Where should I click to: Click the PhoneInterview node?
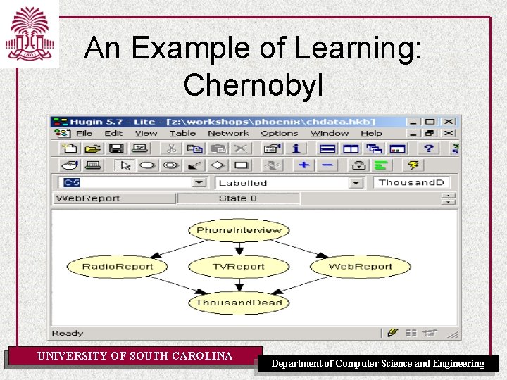(239, 230)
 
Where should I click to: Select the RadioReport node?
(117, 267)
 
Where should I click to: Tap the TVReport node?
(239, 267)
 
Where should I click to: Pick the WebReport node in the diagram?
(360, 267)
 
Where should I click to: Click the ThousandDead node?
(239, 303)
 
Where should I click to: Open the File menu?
(84, 134)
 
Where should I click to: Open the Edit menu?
(113, 134)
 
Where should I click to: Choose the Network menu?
(228, 134)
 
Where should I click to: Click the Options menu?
(280, 134)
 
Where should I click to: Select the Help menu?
(371, 134)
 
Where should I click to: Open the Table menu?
(182, 134)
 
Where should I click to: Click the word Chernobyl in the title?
(253, 85)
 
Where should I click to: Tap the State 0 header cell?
(238, 198)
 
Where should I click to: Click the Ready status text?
(68, 334)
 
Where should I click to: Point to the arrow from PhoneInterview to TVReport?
(239, 248)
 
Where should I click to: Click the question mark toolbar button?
(428, 148)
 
